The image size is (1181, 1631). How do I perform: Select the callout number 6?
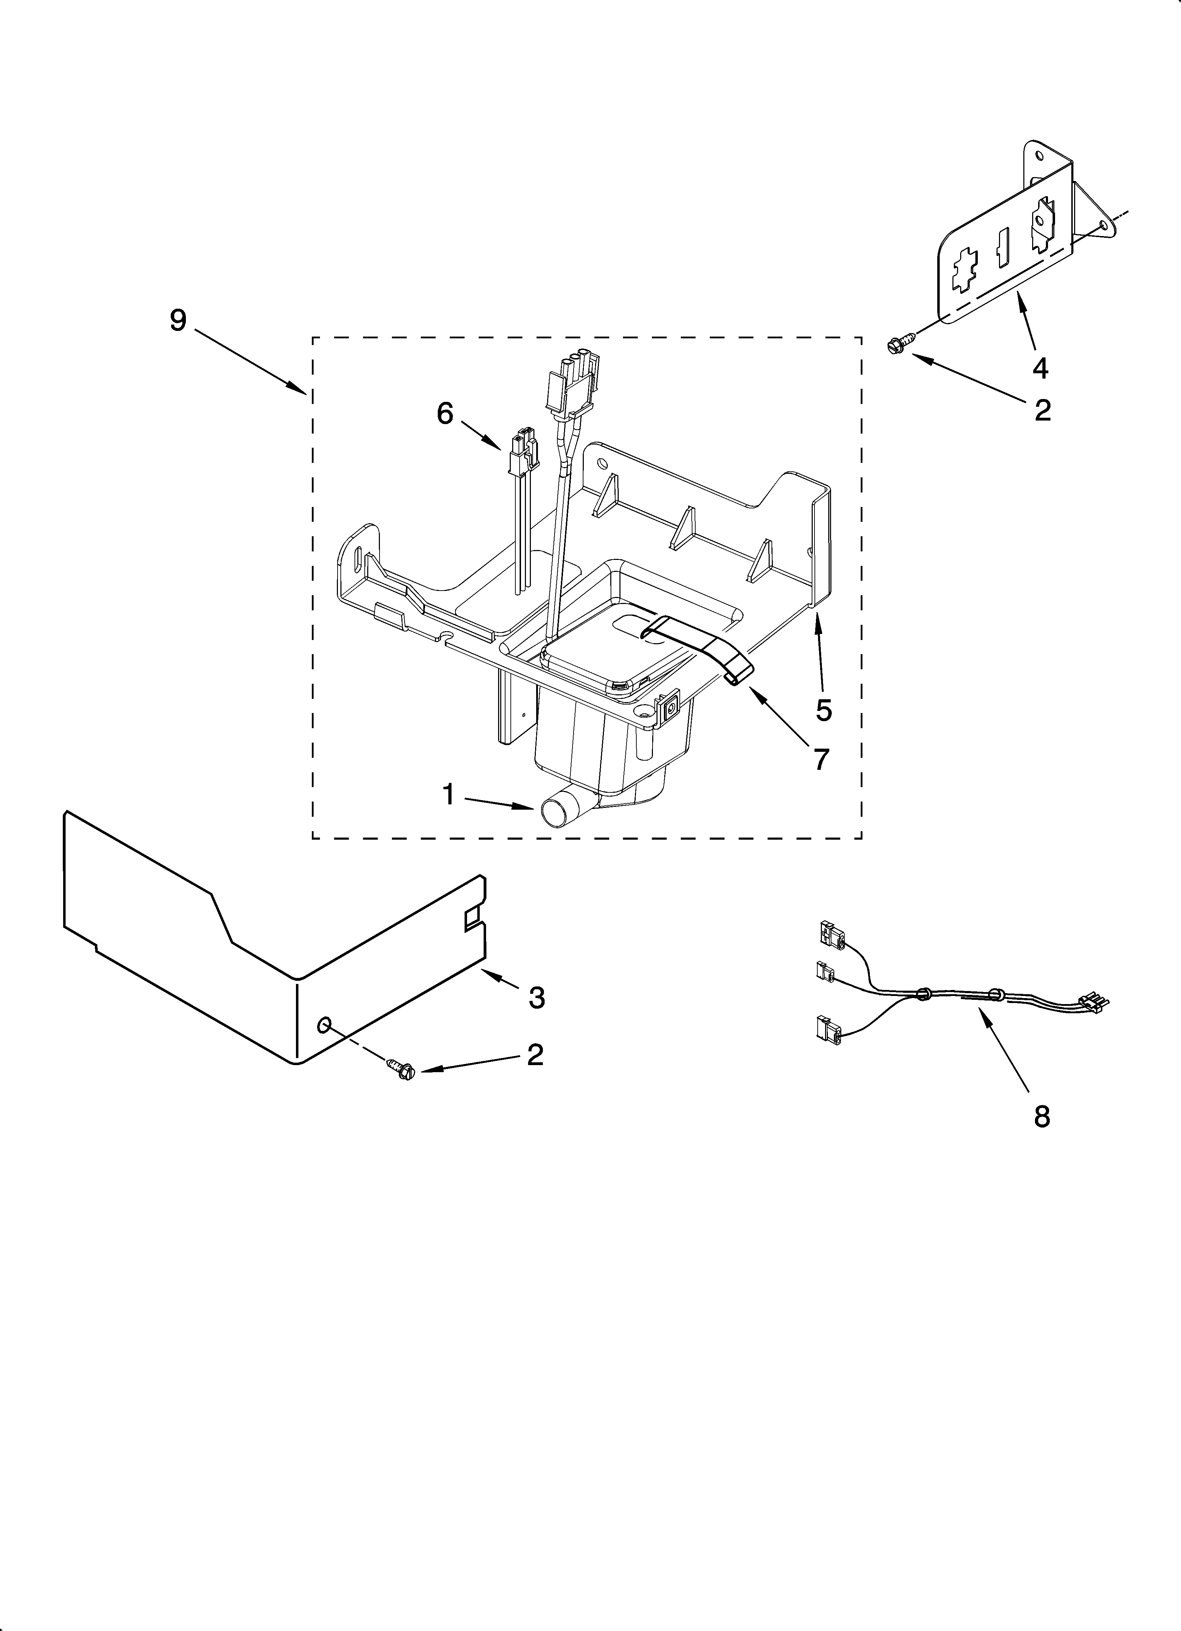tap(445, 413)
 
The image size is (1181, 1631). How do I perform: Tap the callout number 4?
tap(1040, 368)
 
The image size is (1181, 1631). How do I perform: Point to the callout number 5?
tap(824, 710)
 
